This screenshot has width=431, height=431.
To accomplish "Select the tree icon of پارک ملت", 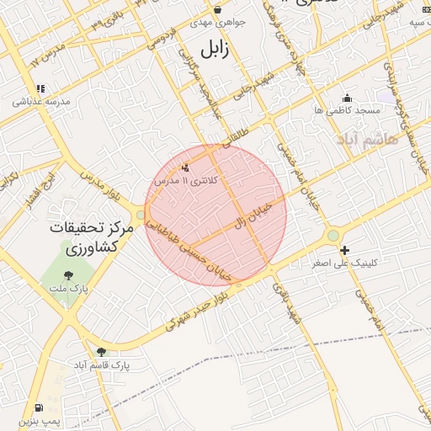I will click(68, 273).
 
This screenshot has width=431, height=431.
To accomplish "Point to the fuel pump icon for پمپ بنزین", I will click(38, 407).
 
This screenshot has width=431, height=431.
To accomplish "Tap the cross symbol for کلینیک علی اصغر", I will click(344, 250).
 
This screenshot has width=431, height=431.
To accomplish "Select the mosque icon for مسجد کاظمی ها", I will click(347, 98).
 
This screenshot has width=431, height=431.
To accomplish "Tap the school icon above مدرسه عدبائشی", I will click(40, 88).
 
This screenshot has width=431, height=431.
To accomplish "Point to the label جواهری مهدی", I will click(218, 23).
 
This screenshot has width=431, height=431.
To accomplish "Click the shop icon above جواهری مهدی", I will click(217, 10).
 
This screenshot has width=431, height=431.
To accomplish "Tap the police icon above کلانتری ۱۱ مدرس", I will click(185, 168).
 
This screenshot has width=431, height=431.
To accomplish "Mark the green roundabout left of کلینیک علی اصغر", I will click(333, 235).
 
